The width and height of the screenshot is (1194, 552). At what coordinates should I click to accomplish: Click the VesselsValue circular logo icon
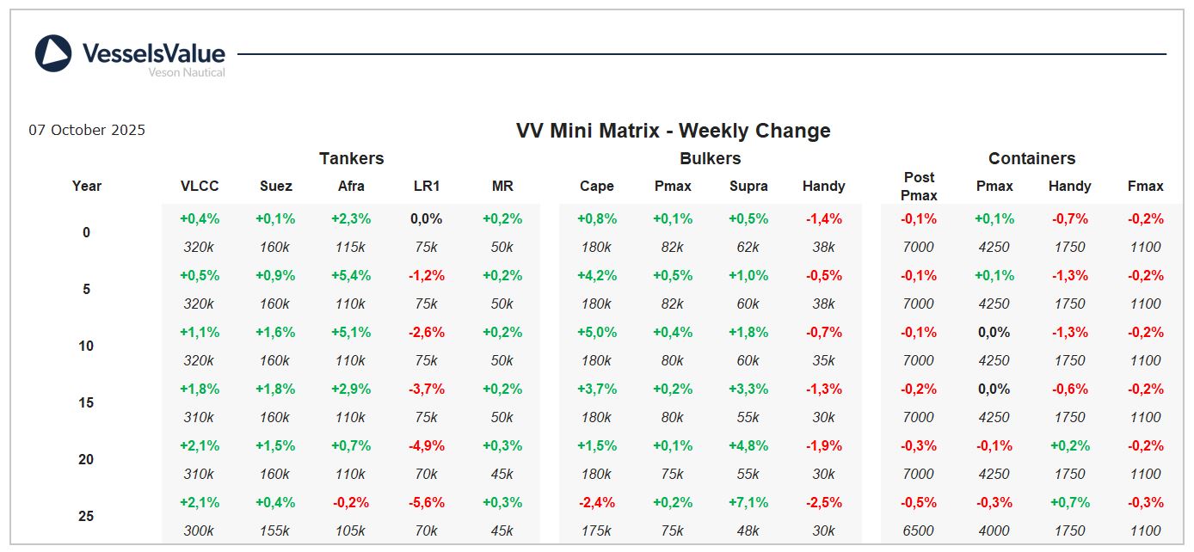click(x=53, y=53)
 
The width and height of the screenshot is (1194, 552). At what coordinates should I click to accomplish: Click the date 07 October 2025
click(x=87, y=131)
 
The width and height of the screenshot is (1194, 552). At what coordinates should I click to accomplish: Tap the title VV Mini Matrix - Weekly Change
click(x=673, y=131)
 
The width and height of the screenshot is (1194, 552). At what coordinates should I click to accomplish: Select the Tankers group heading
click(x=351, y=158)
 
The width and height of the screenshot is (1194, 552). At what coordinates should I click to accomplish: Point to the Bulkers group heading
click(x=710, y=158)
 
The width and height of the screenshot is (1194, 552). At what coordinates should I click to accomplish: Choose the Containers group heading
click(x=1031, y=158)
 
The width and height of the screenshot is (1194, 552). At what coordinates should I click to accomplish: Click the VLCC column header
click(x=200, y=186)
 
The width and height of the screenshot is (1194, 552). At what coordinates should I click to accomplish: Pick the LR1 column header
click(x=427, y=186)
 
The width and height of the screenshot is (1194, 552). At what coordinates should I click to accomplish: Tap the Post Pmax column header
click(x=919, y=186)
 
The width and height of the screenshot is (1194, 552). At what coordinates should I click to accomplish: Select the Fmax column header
click(x=1145, y=186)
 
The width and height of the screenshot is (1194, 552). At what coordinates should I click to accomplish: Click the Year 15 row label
click(x=86, y=402)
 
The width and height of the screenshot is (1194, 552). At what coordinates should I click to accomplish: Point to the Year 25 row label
click(x=86, y=516)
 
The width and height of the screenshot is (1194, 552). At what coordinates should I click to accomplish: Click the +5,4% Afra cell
click(x=351, y=276)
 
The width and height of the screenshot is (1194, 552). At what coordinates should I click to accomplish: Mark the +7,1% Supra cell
click(x=748, y=503)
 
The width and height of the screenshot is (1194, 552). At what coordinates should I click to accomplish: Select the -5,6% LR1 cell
click(x=427, y=503)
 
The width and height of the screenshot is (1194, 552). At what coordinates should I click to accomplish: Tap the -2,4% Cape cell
click(x=597, y=503)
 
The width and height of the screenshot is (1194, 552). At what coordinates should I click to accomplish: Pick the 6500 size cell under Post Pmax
click(x=919, y=531)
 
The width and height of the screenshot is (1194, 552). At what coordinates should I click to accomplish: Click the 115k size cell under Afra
click(x=351, y=247)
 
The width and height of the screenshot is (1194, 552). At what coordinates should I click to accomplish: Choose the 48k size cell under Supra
click(x=748, y=531)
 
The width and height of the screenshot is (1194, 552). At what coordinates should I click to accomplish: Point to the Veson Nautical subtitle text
click(x=187, y=73)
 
